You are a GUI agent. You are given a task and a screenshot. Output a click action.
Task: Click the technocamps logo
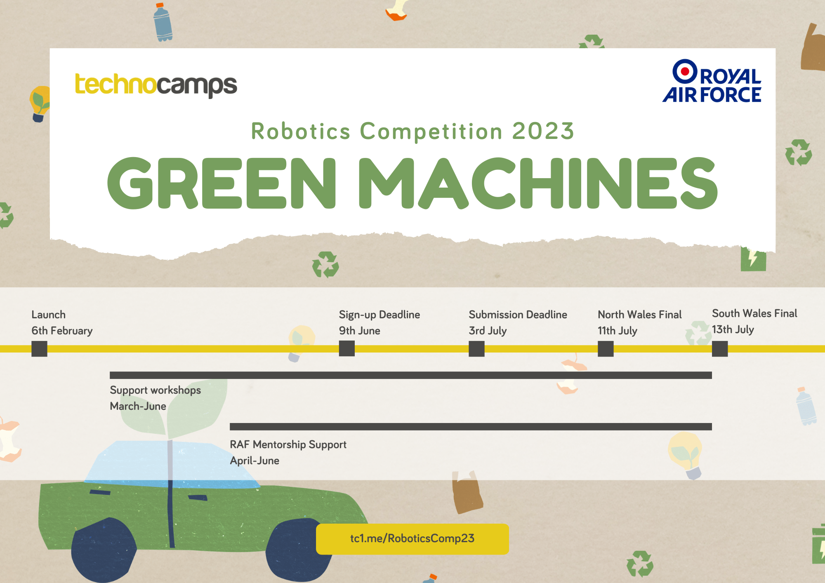156,85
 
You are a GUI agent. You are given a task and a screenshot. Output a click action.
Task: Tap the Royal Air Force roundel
685,71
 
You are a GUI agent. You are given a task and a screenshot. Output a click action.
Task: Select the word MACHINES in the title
538,183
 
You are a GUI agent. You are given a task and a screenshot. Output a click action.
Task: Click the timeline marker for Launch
39,349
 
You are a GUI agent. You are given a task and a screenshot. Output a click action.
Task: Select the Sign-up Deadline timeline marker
347,349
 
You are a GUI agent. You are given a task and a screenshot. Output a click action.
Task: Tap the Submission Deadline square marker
476,349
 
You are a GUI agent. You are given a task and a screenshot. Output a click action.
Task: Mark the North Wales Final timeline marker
606,349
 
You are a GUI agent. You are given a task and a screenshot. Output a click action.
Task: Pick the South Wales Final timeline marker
720,349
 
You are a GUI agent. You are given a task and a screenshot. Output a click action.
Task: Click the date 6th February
62,331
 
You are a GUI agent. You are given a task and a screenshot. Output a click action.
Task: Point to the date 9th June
359,331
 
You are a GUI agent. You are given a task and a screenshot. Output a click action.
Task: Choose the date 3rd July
488,331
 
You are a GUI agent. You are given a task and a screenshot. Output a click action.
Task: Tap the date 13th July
733,329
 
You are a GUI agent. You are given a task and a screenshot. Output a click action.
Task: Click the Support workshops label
155,390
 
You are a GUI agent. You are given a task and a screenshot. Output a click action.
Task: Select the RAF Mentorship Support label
288,444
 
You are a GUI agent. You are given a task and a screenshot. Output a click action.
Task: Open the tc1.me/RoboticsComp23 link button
412,539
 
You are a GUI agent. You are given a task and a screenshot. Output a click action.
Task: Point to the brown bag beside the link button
467,492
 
